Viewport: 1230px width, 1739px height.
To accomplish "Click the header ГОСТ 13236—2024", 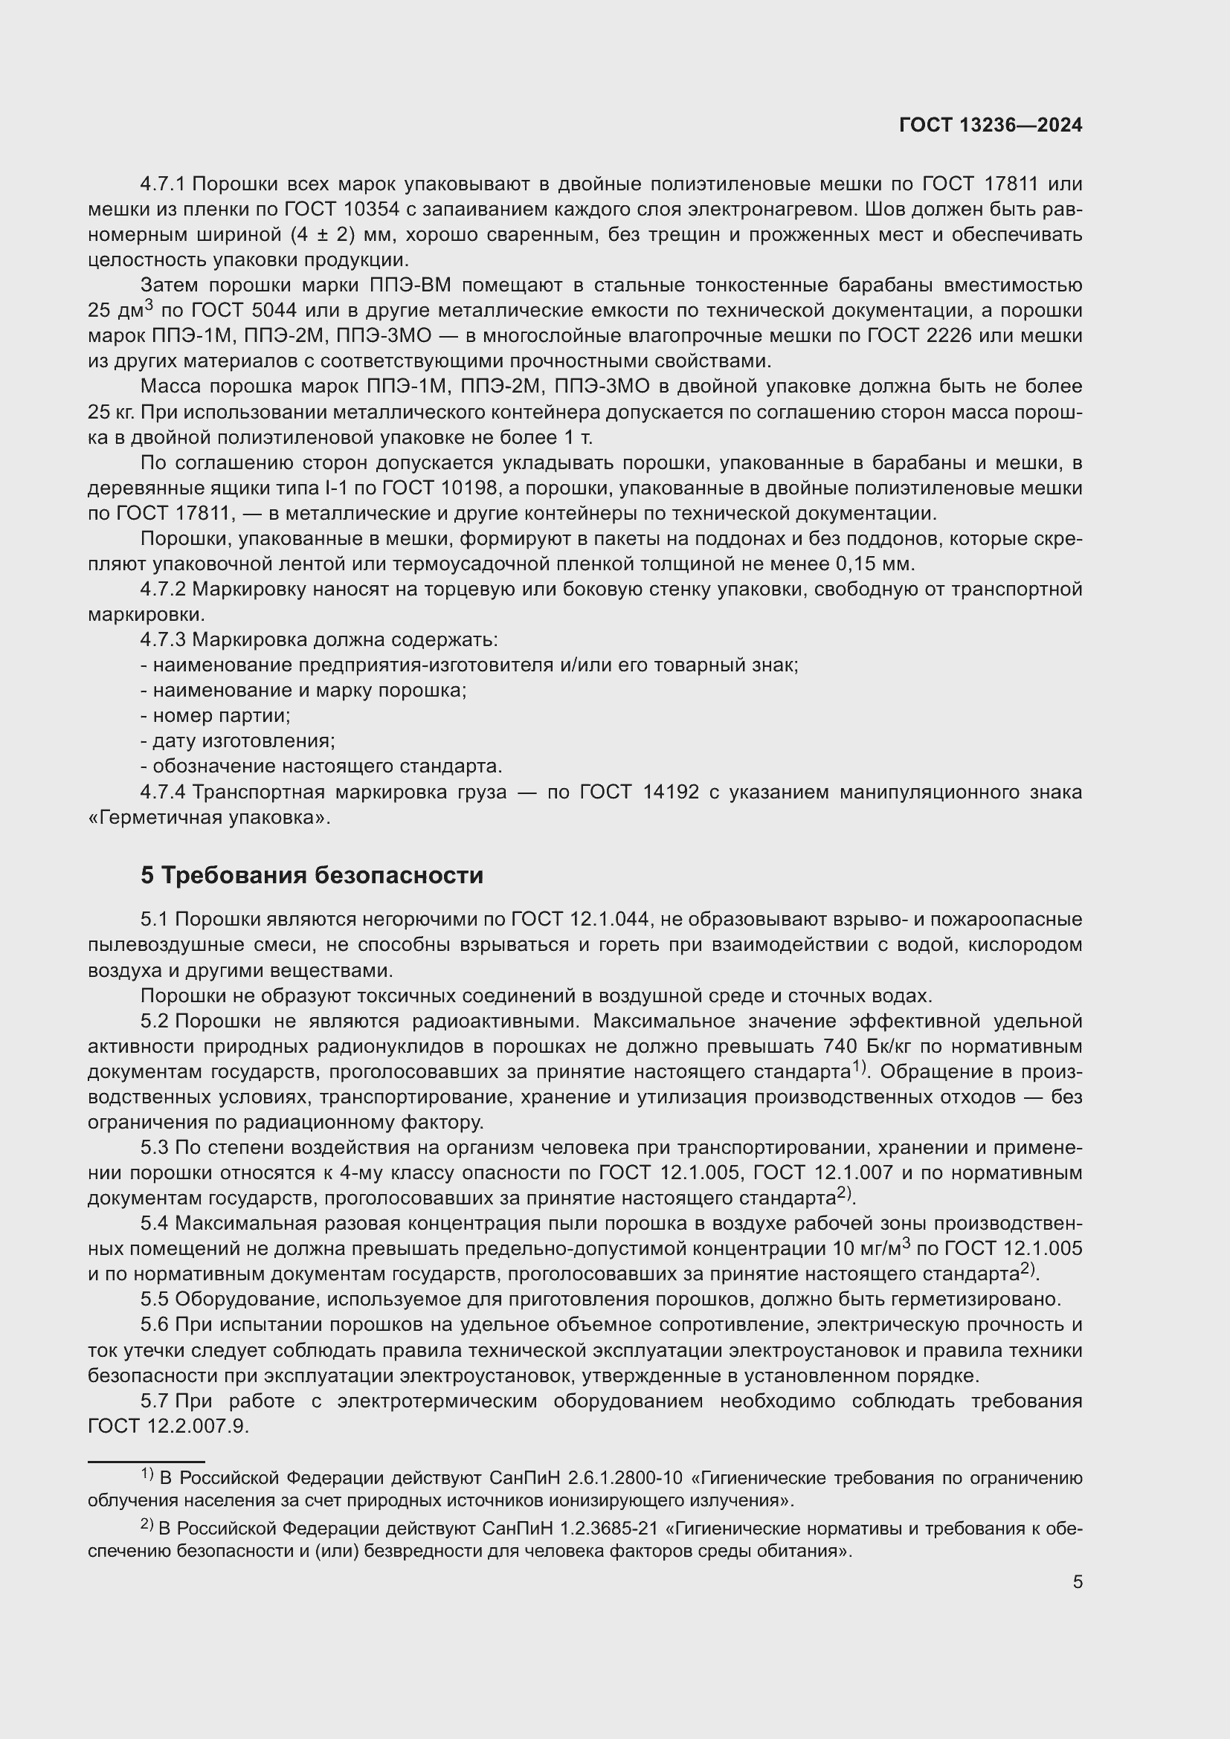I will pos(990,126).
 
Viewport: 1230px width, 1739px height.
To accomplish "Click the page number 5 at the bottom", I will pos(1077,1581).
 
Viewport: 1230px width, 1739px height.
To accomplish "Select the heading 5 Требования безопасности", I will pos(312,876).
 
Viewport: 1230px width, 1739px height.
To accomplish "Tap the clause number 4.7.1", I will pos(163,184).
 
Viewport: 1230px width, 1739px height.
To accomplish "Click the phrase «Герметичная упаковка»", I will pos(209,818).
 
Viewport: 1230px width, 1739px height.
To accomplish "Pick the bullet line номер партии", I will pos(215,716).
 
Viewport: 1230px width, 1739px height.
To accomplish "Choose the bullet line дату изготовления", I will pos(238,741).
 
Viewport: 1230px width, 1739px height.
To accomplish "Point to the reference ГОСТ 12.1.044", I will pos(580,920).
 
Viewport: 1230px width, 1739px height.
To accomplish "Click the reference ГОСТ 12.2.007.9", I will pos(168,1426).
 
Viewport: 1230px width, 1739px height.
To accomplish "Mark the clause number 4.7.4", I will pos(163,793).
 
